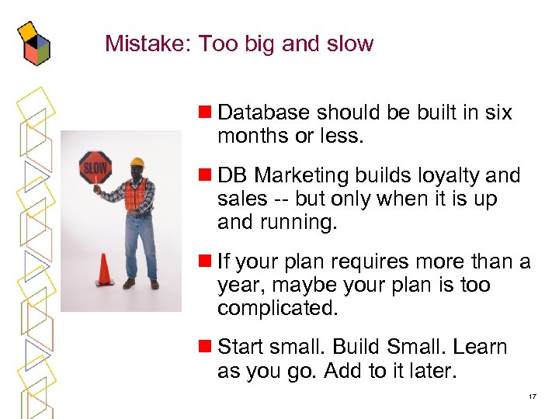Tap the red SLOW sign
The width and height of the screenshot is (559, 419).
[95, 167]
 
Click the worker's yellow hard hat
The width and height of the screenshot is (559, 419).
[137, 163]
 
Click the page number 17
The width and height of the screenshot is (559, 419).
[532, 396]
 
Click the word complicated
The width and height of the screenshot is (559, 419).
[278, 308]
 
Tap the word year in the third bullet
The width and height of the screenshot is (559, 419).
[238, 286]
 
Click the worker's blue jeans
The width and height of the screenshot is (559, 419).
[141, 244]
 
